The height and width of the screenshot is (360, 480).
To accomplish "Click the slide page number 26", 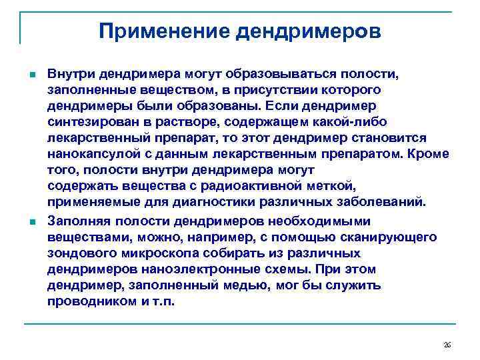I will coord(447,345).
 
